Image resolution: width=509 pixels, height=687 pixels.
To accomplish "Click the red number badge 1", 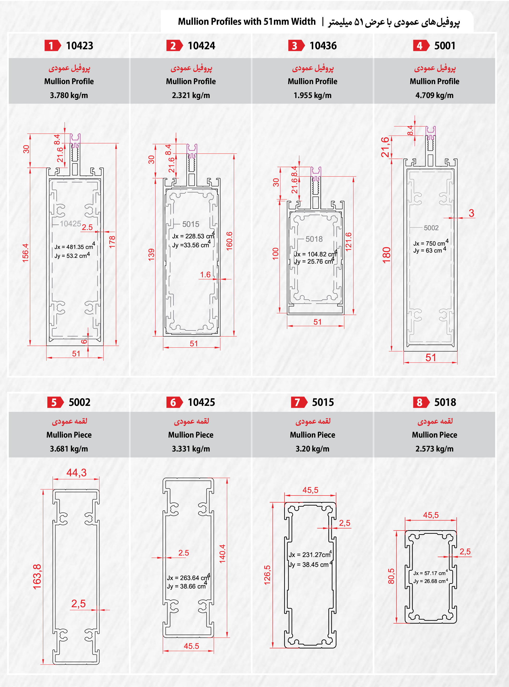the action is click(x=52, y=46).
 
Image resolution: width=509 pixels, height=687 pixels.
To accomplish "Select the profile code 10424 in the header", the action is click(x=202, y=46).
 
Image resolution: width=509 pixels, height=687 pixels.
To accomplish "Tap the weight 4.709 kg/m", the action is click(x=435, y=95).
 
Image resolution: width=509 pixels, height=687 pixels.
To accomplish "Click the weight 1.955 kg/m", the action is click(x=313, y=95).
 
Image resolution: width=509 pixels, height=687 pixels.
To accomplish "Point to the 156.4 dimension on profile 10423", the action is click(x=25, y=253).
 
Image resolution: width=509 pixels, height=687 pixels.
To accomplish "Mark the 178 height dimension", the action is click(x=112, y=242).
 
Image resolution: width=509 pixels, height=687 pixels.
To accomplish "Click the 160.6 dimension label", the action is click(x=229, y=241).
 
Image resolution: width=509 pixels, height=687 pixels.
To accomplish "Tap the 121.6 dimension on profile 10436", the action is click(x=348, y=242).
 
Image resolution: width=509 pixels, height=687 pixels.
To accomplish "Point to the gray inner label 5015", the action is click(x=191, y=224).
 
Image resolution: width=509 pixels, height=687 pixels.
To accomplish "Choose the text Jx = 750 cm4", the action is click(x=431, y=242).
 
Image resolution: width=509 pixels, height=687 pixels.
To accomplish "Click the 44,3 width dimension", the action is click(x=76, y=472).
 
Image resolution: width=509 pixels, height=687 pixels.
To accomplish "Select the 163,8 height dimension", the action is click(x=37, y=577).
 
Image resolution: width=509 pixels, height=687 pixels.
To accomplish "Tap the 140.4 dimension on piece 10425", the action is click(x=222, y=554).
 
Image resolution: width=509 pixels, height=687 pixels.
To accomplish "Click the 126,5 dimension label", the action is click(x=267, y=575).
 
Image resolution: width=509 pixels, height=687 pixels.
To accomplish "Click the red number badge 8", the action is click(x=421, y=402).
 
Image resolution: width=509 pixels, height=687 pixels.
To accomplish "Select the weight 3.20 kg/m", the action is click(x=313, y=449).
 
